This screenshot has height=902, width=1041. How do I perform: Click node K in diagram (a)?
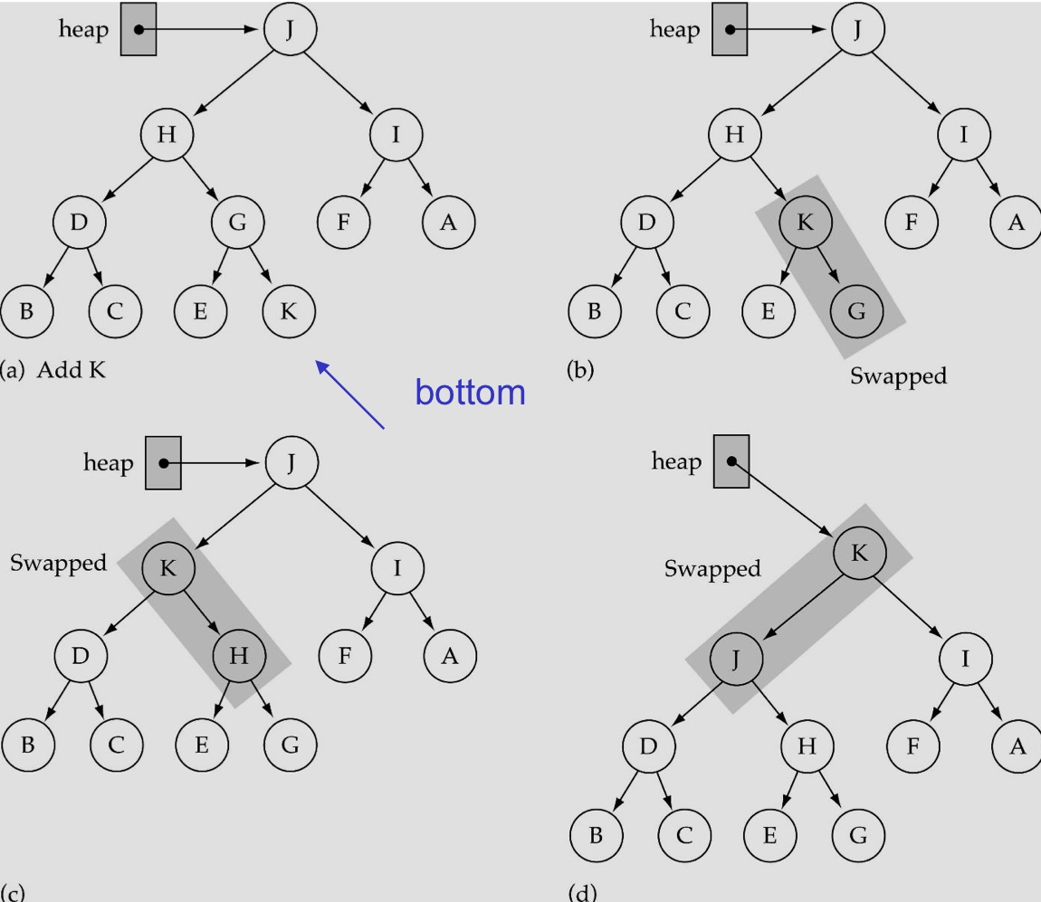(x=288, y=311)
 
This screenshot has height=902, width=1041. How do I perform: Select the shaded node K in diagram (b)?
(x=805, y=222)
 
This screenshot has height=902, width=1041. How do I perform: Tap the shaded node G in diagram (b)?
(x=855, y=311)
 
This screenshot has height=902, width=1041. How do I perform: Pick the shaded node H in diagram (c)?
(x=238, y=656)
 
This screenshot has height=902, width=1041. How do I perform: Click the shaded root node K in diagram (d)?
(x=858, y=553)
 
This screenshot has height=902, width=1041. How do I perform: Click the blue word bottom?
(x=470, y=391)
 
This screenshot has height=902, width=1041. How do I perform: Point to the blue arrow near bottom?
(x=351, y=394)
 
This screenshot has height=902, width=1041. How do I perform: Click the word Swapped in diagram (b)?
(x=898, y=375)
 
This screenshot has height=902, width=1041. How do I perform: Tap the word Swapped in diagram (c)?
(x=58, y=563)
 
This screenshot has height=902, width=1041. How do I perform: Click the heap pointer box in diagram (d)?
(x=731, y=461)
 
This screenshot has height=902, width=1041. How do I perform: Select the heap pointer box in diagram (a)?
(x=138, y=29)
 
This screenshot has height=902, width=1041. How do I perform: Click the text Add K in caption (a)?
(x=71, y=369)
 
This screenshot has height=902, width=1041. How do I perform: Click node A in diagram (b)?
(x=1016, y=222)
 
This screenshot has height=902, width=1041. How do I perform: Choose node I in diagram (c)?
(x=396, y=567)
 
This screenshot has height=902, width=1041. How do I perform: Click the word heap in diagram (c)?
(x=108, y=462)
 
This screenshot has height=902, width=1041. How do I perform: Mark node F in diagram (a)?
(x=343, y=222)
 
